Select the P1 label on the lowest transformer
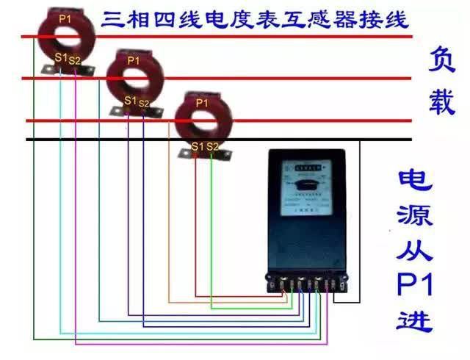click(202, 104)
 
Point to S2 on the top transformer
click(75, 59)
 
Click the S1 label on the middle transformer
click(130, 100)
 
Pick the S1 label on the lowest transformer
click(197, 146)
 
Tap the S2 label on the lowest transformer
click(212, 147)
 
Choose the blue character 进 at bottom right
click(413, 320)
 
